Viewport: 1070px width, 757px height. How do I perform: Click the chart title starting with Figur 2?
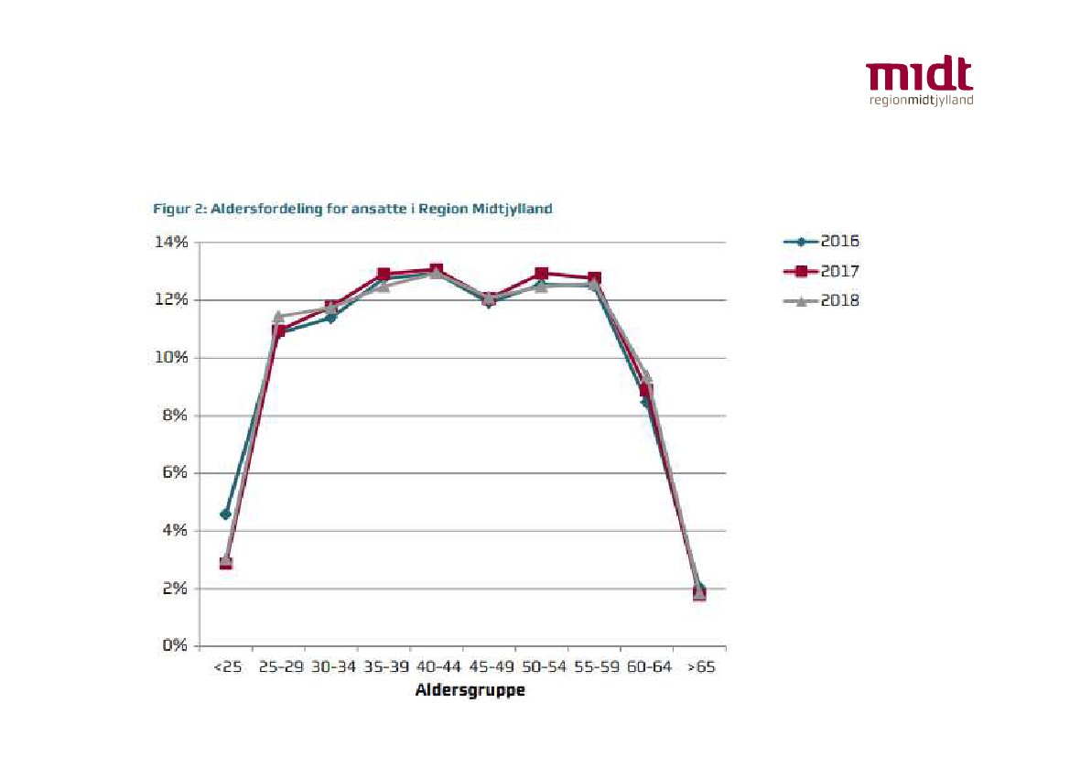coord(352,209)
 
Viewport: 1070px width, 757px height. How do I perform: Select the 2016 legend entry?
coord(821,242)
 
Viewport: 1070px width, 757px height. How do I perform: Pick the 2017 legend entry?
coord(821,271)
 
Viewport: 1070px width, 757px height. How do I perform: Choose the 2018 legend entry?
coord(821,300)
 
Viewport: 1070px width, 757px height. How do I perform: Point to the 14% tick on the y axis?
coord(171,243)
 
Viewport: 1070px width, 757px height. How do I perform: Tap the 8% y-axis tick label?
coord(175,416)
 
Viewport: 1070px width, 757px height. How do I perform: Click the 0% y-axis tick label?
coord(175,646)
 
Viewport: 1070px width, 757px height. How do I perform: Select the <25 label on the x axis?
coord(227,667)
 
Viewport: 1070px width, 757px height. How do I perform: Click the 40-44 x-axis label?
coord(436,667)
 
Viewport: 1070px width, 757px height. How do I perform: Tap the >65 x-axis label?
coord(700,667)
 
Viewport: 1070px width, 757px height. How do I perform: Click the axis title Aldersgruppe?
coord(470,690)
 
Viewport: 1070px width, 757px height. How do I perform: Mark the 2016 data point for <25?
coord(226,514)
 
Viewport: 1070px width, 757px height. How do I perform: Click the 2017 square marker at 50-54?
coord(541,274)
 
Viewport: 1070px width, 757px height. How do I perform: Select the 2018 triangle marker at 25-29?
coord(278,316)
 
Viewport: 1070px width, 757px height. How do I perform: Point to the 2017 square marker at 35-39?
coord(384,275)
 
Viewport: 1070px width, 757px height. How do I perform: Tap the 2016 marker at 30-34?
coord(331,318)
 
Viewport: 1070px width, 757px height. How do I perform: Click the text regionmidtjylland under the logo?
coord(921,100)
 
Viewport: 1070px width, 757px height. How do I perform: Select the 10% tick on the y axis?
coord(171,358)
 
